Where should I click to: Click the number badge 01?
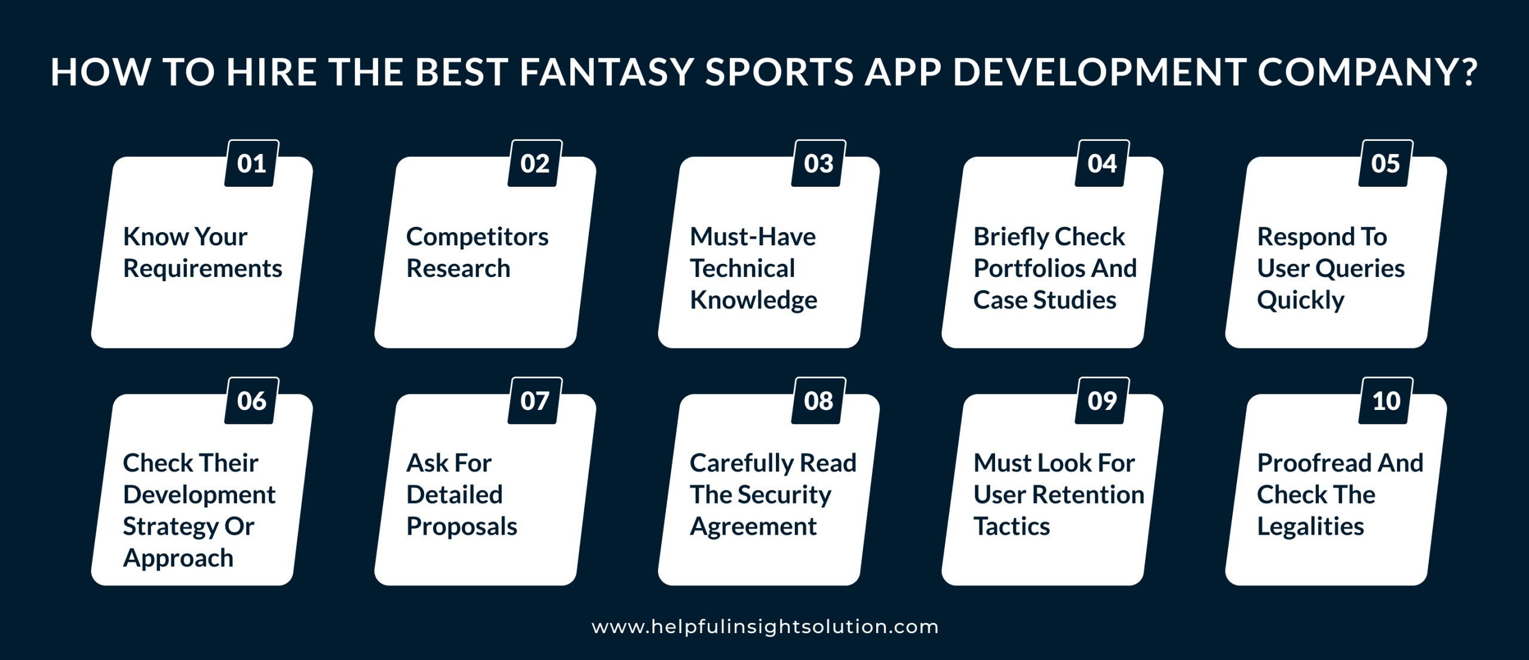[251, 164]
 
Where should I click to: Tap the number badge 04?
[1102, 164]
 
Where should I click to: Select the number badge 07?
[535, 401]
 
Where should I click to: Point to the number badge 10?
[1386, 401]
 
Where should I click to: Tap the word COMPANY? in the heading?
[1368, 72]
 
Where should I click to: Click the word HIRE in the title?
[272, 72]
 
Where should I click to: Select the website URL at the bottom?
[765, 627]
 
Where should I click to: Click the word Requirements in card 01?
[202, 269]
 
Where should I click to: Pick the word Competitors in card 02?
[477, 237]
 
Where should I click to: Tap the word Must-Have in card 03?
[753, 237]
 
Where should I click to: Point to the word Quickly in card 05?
[1300, 300]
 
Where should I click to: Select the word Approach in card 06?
[178, 558]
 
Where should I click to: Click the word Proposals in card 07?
[462, 526]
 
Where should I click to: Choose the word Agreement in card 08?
[753, 526]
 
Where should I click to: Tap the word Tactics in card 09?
[1011, 526]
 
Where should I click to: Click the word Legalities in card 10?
[1310, 526]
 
